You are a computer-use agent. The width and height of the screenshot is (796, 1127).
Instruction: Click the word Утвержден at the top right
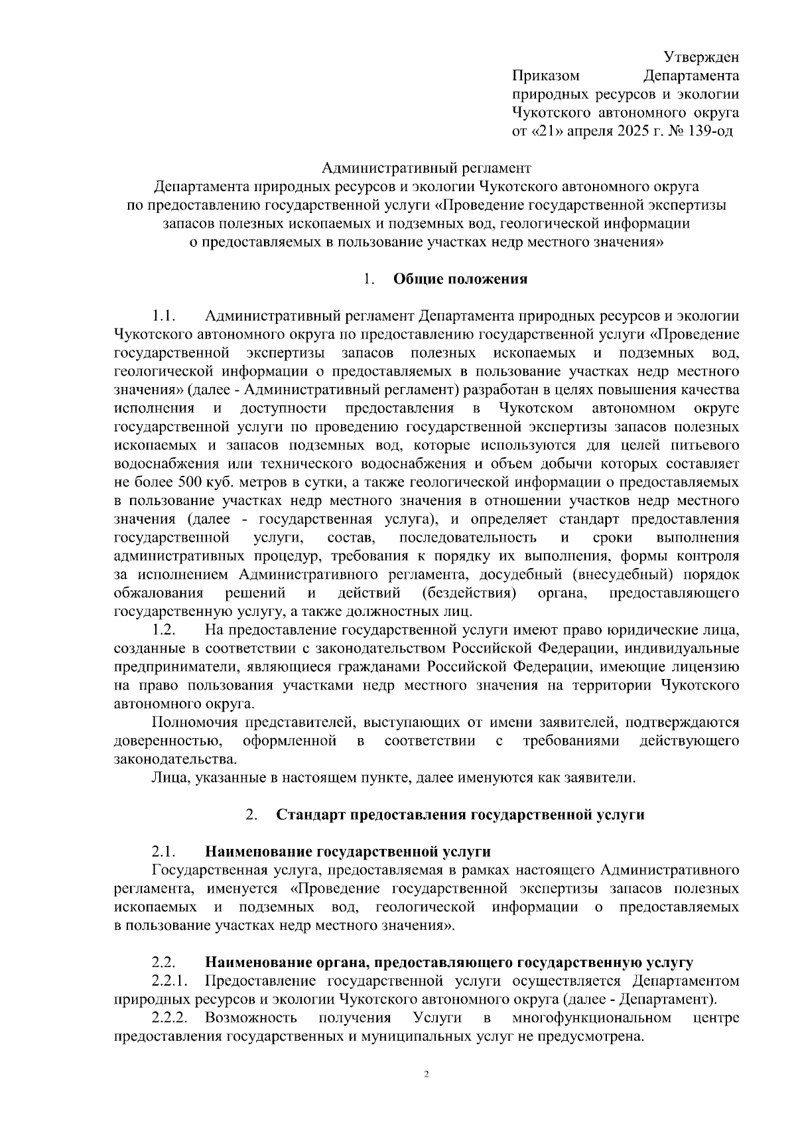[x=702, y=58]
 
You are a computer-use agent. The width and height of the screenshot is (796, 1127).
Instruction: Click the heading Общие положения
[x=460, y=279]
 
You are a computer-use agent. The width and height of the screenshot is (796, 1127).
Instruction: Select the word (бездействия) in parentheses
[x=470, y=592]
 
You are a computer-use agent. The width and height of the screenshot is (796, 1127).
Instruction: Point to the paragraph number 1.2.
[x=163, y=629]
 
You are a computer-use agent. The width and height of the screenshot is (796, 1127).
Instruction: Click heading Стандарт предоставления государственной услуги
[x=460, y=815]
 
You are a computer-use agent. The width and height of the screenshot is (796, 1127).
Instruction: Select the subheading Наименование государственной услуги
[x=348, y=852]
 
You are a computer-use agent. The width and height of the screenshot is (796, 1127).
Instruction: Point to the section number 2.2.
[x=163, y=962]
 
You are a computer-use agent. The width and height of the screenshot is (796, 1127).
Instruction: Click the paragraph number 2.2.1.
[x=170, y=981]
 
